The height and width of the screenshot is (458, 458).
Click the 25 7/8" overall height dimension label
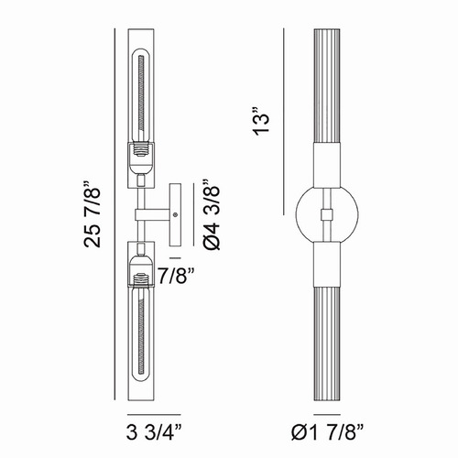click(92, 214)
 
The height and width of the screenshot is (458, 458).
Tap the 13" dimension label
click(261, 121)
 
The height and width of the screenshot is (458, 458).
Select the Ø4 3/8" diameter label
click(212, 215)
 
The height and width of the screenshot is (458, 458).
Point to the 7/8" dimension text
click(177, 276)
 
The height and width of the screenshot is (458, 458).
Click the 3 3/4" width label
click(154, 432)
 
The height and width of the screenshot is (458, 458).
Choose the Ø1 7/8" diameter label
click(327, 432)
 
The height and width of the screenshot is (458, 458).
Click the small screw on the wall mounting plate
click(175, 214)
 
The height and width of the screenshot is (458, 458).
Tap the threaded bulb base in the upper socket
click(141, 150)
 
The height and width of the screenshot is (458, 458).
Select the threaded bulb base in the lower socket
click(141, 279)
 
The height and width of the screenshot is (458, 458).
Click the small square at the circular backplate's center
click(327, 214)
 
